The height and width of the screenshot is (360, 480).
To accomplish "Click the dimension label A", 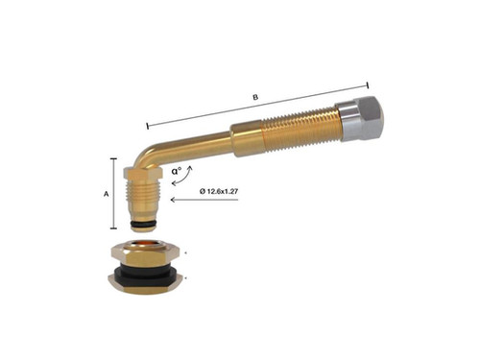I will click(x=106, y=193).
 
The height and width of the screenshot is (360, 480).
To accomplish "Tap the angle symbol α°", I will click(x=179, y=173).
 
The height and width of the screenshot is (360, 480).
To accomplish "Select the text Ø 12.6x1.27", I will click(x=223, y=192).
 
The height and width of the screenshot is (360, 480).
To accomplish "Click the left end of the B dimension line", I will click(x=147, y=125).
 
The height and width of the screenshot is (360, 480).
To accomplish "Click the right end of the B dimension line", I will click(x=368, y=84).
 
